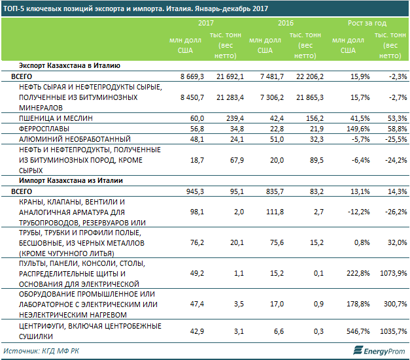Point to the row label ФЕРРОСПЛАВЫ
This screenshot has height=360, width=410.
tap(46, 129)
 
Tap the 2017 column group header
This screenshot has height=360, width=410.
tap(206, 23)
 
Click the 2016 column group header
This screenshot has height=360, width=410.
tap(285, 23)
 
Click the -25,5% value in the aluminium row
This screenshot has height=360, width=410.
tap(394, 139)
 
